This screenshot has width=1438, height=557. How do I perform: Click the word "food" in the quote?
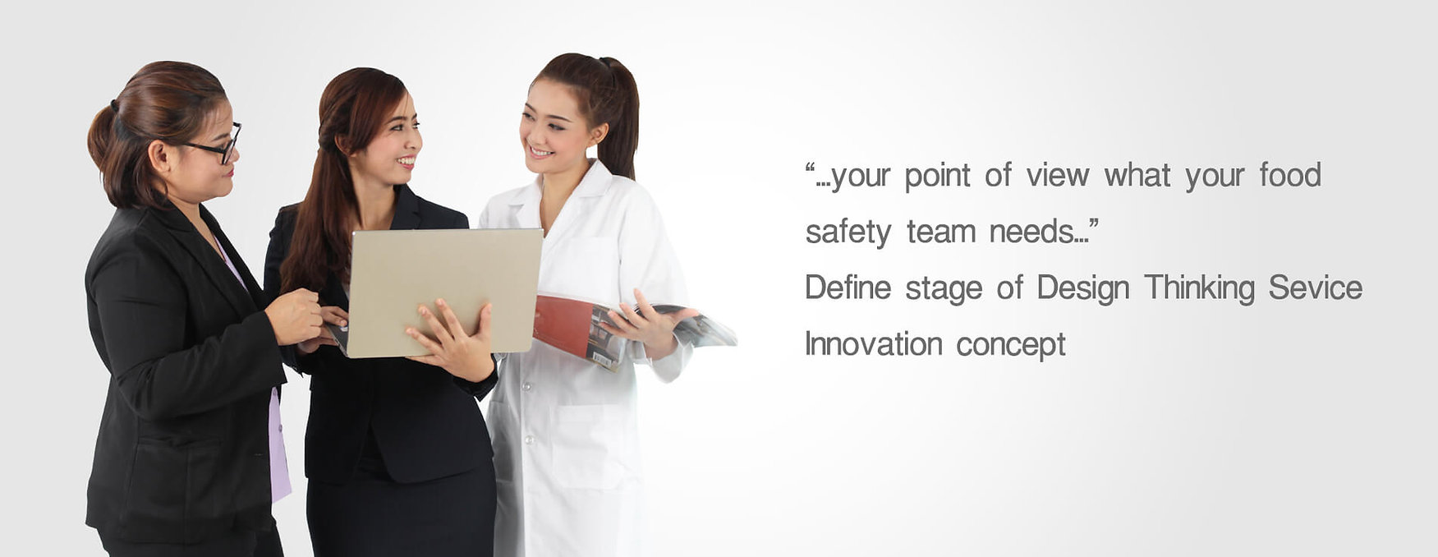click(x=1290, y=175)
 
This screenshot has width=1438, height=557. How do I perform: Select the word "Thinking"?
click(x=1199, y=288)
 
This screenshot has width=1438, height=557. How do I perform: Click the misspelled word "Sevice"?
click(x=1316, y=288)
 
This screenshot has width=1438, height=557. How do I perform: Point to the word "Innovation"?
click(x=874, y=343)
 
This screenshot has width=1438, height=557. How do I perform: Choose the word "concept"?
click(x=1011, y=345)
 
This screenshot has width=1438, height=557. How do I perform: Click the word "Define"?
click(x=848, y=288)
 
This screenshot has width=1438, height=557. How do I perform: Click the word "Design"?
click(x=1083, y=288)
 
